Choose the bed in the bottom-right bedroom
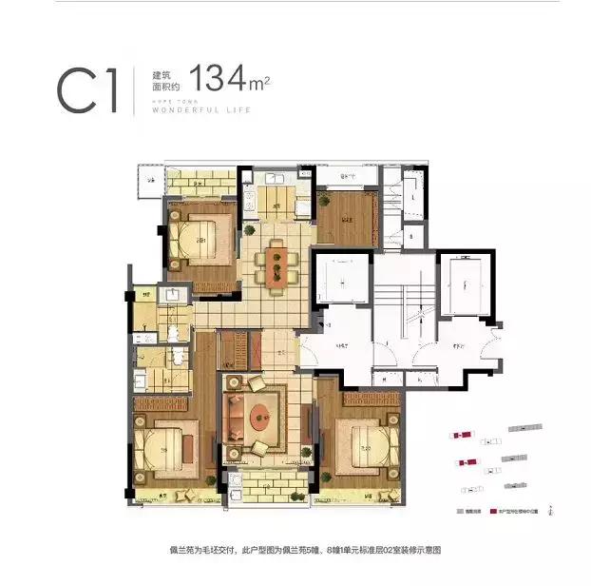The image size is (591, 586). pyautogui.click(x=367, y=442)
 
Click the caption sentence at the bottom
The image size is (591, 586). pyautogui.click(x=295, y=551)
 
